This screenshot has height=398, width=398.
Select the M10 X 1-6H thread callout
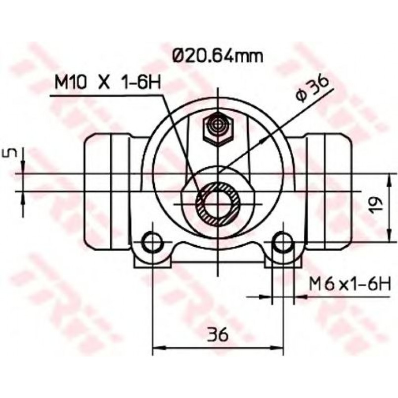[108, 82]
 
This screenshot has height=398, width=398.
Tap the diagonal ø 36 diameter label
[312, 89]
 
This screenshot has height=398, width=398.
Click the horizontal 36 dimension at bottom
[218, 334]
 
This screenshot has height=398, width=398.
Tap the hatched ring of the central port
[218, 204]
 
